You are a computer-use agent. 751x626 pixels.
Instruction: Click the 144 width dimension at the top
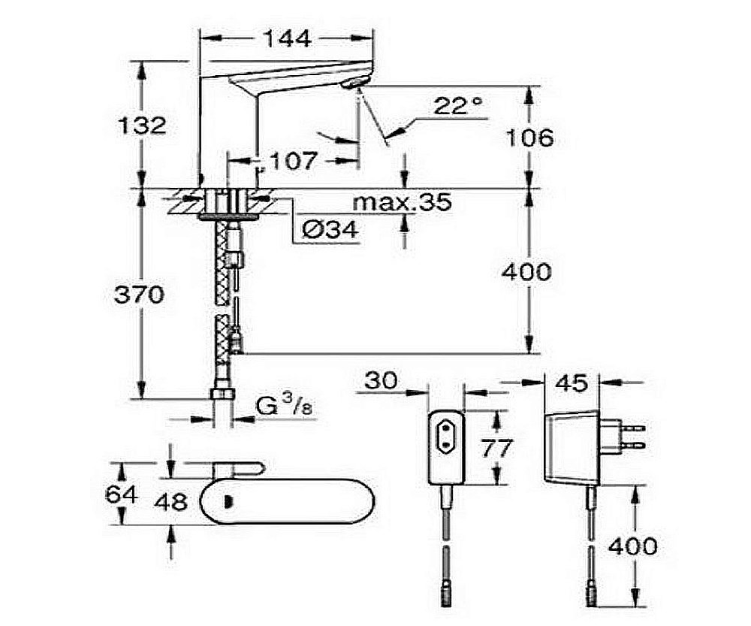pyautogui.click(x=287, y=38)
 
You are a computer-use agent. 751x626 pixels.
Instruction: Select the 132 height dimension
pyautogui.click(x=142, y=126)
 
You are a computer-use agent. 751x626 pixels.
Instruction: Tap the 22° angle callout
pyautogui.click(x=459, y=105)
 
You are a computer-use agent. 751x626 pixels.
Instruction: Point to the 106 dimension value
pyautogui.click(x=529, y=138)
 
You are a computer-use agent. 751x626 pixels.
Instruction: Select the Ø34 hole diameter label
pyautogui.click(x=330, y=230)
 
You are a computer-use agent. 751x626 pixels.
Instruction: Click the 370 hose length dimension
pyautogui.click(x=139, y=294)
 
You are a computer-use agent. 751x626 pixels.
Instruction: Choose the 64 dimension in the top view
pyautogui.click(x=121, y=494)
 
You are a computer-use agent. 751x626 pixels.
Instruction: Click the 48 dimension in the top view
pyautogui.click(x=171, y=502)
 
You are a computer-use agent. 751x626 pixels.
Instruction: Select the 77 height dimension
pyautogui.click(x=496, y=448)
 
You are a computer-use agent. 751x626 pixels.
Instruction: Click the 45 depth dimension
pyautogui.click(x=573, y=383)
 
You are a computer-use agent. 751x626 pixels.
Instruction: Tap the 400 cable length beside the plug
pyautogui.click(x=632, y=546)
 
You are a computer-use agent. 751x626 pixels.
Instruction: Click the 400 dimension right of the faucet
pyautogui.click(x=526, y=272)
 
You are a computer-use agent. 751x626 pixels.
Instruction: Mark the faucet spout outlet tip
pyautogui.click(x=355, y=85)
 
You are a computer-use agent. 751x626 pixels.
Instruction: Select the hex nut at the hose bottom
pyautogui.click(x=223, y=394)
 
